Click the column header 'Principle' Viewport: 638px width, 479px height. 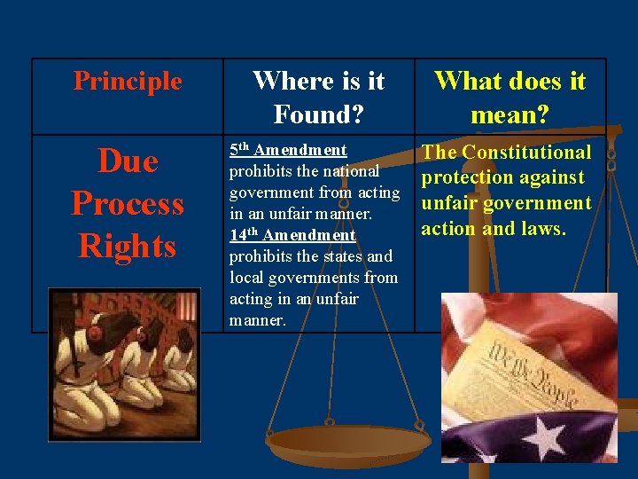click(128, 82)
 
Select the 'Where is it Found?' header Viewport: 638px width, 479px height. click(318, 97)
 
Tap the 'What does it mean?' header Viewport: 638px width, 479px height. click(510, 97)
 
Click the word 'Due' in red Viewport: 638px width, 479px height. click(128, 161)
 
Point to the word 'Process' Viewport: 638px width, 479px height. click(128, 203)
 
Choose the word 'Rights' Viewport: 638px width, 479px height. click(128, 245)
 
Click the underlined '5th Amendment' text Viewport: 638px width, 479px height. click(288, 150)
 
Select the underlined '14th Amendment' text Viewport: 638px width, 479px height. click(292, 235)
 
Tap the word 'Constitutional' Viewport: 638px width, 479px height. click(526, 152)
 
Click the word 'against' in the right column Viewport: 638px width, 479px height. click(550, 177)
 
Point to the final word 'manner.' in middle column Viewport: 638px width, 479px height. click(257, 320)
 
